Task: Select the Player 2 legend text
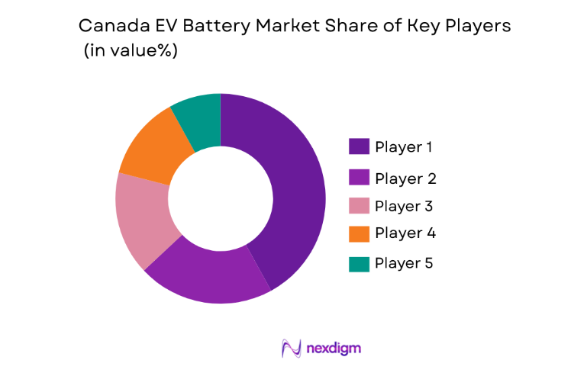(x=405, y=178)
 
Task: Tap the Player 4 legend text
(x=405, y=233)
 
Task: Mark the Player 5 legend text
(x=405, y=264)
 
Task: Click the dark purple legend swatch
(x=359, y=146)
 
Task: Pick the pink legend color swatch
(x=359, y=206)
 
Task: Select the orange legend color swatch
(x=359, y=233)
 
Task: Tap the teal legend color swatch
(x=359, y=264)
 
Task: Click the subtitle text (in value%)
(x=131, y=52)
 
